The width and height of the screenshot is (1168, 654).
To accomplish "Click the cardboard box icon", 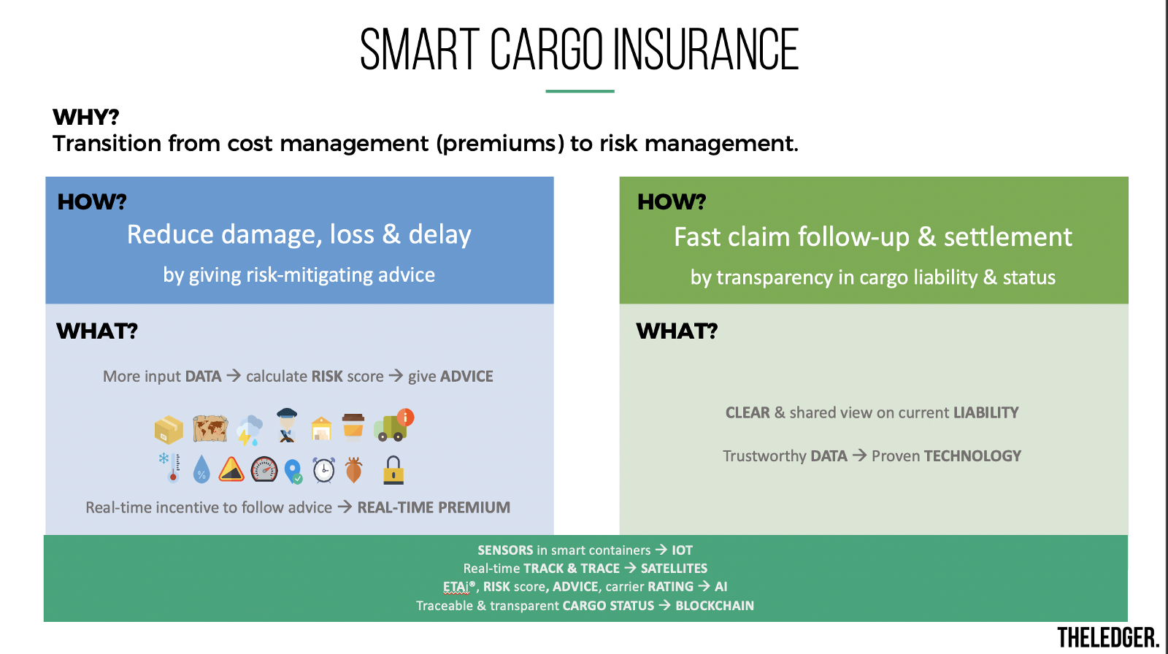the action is click(x=169, y=430).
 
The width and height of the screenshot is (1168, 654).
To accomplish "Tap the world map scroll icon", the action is click(x=210, y=428).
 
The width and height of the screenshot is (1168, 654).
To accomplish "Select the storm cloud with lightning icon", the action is click(x=249, y=430).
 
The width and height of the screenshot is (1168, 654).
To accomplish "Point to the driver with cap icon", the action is click(x=287, y=426).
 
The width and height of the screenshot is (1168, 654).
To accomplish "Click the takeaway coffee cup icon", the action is click(x=353, y=428).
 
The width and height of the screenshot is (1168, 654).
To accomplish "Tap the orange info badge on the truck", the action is click(x=405, y=418).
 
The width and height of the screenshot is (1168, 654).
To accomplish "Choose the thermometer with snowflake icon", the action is click(x=170, y=468).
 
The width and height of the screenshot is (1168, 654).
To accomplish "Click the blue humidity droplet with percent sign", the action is click(x=201, y=469).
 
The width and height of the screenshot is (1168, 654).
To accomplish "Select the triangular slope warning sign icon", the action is click(x=231, y=469).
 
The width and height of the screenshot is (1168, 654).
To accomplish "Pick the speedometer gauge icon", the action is click(x=264, y=469).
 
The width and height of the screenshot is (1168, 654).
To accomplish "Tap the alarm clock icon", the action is click(x=324, y=470).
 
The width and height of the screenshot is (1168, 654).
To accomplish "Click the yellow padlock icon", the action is click(x=393, y=470).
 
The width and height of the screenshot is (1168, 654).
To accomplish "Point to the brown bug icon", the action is click(x=353, y=470).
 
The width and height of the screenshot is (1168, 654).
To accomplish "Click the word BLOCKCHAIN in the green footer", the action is click(x=715, y=606).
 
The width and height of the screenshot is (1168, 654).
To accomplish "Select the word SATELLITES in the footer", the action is click(x=674, y=569).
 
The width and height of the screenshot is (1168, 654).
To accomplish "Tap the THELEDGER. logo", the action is click(x=1108, y=638).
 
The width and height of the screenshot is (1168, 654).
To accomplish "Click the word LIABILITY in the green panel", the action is click(x=986, y=412).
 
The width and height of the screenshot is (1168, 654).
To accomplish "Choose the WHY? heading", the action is click(x=86, y=117).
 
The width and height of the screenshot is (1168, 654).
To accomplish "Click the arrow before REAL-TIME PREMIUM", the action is click(x=345, y=507).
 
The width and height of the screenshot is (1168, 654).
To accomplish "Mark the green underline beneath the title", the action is click(x=580, y=91).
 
